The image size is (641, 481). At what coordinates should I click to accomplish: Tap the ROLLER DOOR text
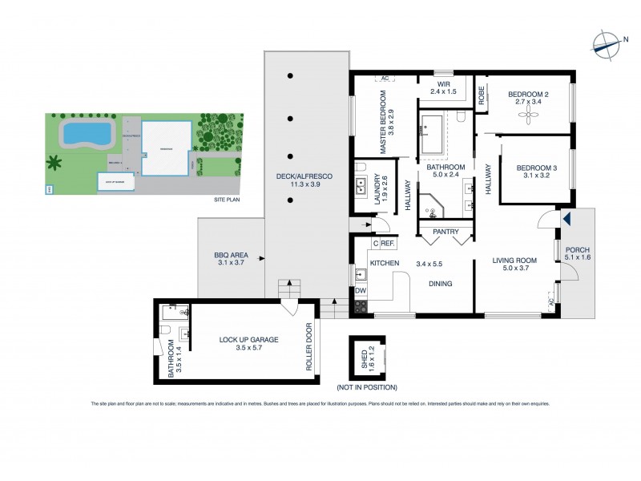click(x=308, y=346)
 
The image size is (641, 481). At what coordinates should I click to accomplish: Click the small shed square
click(x=367, y=356)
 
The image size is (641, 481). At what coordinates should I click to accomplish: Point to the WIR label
click(x=445, y=87)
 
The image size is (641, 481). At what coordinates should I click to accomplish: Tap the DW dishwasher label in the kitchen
click(x=360, y=291)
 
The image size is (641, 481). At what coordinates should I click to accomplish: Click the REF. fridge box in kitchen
click(x=388, y=243)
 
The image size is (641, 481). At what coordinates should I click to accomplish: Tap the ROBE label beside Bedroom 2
click(x=482, y=97)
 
